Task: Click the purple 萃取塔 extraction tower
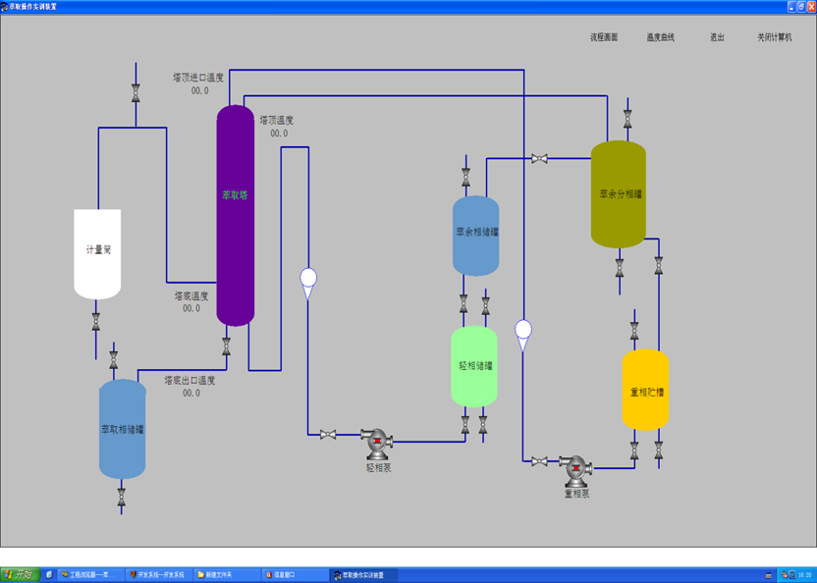[x=235, y=215]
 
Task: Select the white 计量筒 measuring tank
[x=97, y=253]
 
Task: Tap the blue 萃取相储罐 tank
[x=123, y=429]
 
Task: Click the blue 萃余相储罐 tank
[x=476, y=235]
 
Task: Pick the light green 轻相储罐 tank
[x=475, y=366]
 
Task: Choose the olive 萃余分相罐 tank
[x=619, y=193]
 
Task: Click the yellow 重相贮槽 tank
[x=645, y=390]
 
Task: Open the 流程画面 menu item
[x=604, y=37]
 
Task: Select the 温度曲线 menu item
[x=660, y=37]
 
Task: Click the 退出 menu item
[x=717, y=37]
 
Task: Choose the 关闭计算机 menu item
[x=774, y=37]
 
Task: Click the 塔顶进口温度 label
[x=198, y=78]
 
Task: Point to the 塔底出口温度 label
[x=190, y=381]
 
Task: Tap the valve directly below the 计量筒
[x=96, y=320]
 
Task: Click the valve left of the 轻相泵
[x=328, y=435]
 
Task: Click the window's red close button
[x=809, y=6]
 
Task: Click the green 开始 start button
[x=19, y=574]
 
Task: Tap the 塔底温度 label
[x=191, y=295]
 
